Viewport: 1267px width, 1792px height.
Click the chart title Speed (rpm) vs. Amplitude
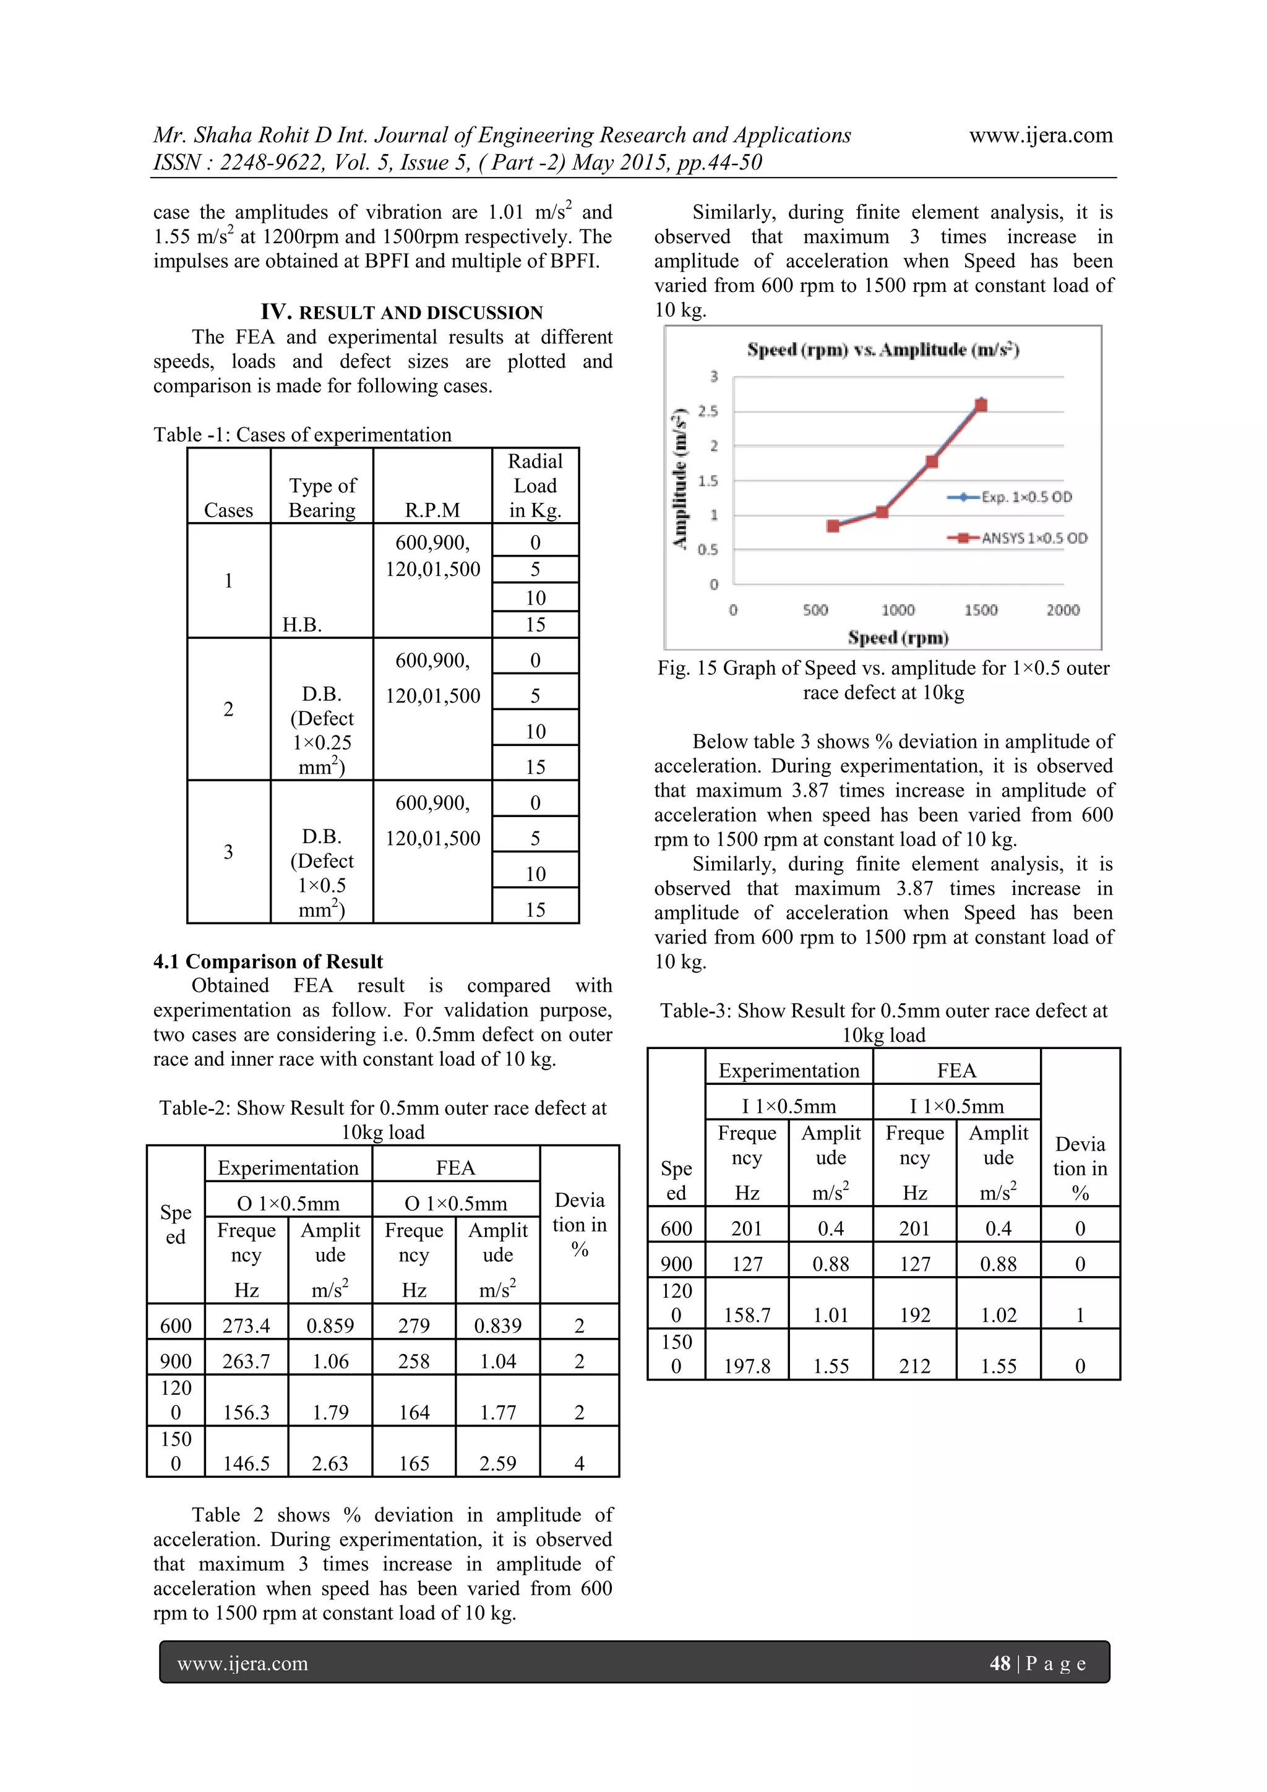click(882, 349)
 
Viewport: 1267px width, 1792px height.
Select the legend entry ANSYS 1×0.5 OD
click(1033, 538)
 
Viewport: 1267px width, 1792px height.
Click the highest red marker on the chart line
click(981, 405)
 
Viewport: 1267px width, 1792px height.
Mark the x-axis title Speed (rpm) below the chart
click(898, 638)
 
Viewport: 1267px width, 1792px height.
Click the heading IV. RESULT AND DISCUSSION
click(402, 312)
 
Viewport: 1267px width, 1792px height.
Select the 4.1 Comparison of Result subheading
click(268, 961)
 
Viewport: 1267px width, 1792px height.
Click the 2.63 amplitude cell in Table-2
click(330, 1464)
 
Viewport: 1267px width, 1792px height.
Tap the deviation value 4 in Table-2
click(579, 1464)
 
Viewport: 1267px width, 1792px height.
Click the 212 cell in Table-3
click(914, 1366)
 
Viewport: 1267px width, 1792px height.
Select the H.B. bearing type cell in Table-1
click(302, 624)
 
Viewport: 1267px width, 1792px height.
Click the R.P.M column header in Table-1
click(432, 510)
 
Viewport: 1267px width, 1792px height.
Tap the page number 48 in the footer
click(999, 1663)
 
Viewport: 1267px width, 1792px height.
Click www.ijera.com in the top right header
click(1041, 135)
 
